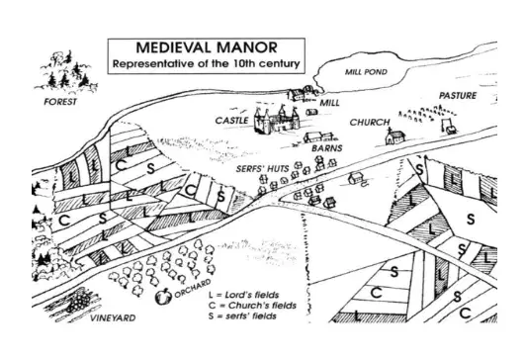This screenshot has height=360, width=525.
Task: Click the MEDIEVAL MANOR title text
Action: (x=207, y=47)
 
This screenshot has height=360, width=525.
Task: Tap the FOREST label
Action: (x=60, y=102)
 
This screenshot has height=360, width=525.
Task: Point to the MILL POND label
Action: (x=366, y=71)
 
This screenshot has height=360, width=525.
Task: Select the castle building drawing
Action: (x=277, y=120)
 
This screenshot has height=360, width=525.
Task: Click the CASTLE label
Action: (x=231, y=121)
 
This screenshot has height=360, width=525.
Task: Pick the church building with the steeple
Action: (x=394, y=136)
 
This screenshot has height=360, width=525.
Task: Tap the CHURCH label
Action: (x=370, y=123)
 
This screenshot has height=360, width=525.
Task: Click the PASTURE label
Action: (x=458, y=96)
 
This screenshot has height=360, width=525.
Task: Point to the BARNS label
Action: (x=327, y=148)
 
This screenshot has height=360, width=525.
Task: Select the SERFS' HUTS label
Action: (x=262, y=169)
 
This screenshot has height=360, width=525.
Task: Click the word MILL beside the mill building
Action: (x=329, y=103)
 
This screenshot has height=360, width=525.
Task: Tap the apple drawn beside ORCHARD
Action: (x=163, y=297)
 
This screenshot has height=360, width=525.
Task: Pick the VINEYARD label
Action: (x=113, y=317)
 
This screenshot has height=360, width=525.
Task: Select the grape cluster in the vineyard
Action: (x=79, y=301)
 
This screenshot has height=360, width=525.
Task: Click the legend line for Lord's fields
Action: (x=243, y=295)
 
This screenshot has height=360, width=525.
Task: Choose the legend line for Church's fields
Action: (x=252, y=306)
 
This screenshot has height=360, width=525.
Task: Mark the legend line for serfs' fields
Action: (x=242, y=315)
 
